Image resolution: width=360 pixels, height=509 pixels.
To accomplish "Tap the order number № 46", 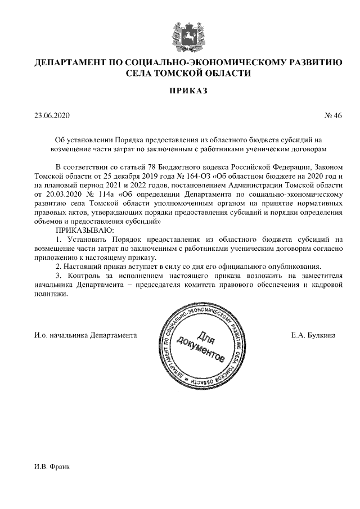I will tap(333, 116).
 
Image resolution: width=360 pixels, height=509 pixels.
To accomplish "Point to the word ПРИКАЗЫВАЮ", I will tap(84, 231).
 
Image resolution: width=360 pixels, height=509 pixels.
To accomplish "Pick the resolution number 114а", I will tap(102, 194).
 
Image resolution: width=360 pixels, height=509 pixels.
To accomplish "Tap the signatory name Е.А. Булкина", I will tap(313, 335).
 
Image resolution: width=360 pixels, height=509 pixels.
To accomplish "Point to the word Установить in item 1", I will tap(87, 240).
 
